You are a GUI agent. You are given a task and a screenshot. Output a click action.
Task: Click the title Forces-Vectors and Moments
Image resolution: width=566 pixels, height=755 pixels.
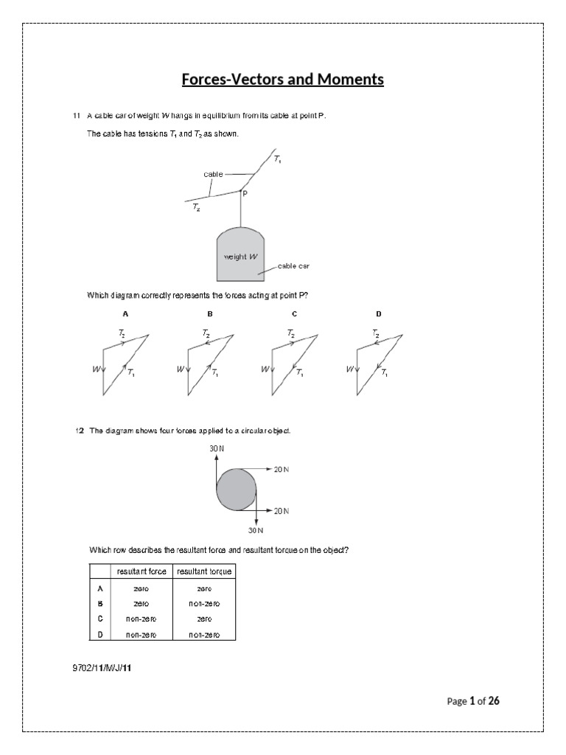coord(283,79)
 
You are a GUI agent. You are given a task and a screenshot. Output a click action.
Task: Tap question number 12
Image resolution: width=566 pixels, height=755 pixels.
coord(79,431)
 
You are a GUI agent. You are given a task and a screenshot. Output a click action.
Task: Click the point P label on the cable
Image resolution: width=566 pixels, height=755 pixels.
coord(245,194)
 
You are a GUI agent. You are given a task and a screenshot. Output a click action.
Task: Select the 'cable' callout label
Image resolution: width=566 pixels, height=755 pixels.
coord(213,174)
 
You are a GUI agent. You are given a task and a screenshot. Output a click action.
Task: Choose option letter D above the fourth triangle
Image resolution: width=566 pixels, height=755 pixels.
coord(379,313)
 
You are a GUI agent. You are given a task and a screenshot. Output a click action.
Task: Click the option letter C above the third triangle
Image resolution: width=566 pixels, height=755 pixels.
coord(294,313)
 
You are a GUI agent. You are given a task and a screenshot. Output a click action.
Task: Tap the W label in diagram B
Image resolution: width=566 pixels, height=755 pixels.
coord(180,369)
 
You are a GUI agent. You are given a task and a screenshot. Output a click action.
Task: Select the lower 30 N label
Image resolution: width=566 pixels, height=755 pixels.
coord(255,529)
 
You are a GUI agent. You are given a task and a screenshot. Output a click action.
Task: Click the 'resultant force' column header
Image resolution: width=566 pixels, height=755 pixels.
coord(141,572)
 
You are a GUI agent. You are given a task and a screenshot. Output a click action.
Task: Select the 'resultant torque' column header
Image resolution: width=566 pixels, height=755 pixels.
coord(204,572)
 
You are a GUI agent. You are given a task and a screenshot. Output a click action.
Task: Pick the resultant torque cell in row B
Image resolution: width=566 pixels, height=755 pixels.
coord(204,604)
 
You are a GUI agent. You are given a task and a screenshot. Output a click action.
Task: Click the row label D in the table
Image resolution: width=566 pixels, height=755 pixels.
coord(99,634)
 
